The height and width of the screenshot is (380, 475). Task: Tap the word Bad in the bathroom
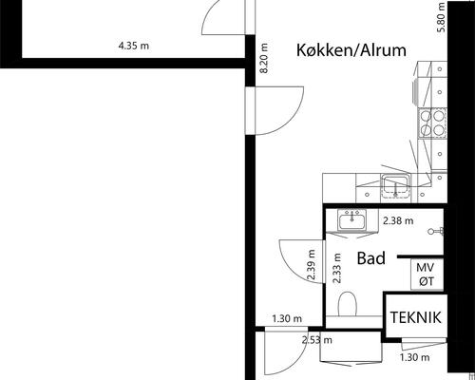(370, 257)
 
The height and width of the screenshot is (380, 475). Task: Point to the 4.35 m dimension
(133, 46)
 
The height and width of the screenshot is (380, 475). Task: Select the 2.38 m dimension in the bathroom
(397, 220)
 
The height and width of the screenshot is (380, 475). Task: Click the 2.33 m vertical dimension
(336, 269)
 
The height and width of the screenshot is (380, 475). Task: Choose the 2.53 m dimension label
(317, 339)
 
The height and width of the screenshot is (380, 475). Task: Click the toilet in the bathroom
(349, 305)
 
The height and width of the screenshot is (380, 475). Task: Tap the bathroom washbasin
(352, 220)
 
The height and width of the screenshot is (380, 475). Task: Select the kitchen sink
(394, 185)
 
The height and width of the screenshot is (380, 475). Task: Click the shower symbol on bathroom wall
(436, 231)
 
